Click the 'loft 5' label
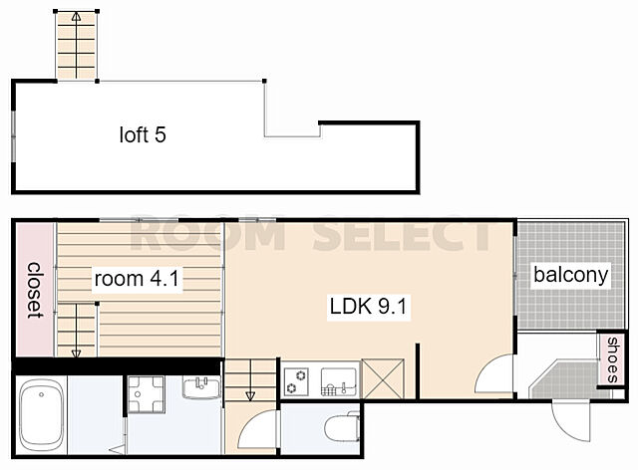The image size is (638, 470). click(x=143, y=134)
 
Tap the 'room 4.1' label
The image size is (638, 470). click(x=137, y=279)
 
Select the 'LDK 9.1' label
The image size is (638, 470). click(x=368, y=307)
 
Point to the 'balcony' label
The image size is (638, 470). click(x=571, y=275)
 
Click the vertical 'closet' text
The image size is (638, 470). click(x=36, y=290)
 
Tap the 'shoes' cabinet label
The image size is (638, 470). click(x=612, y=360)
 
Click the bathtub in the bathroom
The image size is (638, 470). click(x=42, y=415)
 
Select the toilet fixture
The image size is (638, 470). click(x=343, y=426)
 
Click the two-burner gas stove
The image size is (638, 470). click(x=296, y=381)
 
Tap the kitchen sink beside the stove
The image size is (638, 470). click(x=339, y=381)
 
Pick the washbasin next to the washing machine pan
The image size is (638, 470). click(x=201, y=387)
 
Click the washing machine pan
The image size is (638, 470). click(x=147, y=394)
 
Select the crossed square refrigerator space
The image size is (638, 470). click(x=383, y=378)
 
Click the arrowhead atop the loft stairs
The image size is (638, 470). click(x=76, y=16)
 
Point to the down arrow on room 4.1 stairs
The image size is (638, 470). click(x=76, y=353)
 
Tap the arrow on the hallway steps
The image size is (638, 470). click(x=250, y=395)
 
